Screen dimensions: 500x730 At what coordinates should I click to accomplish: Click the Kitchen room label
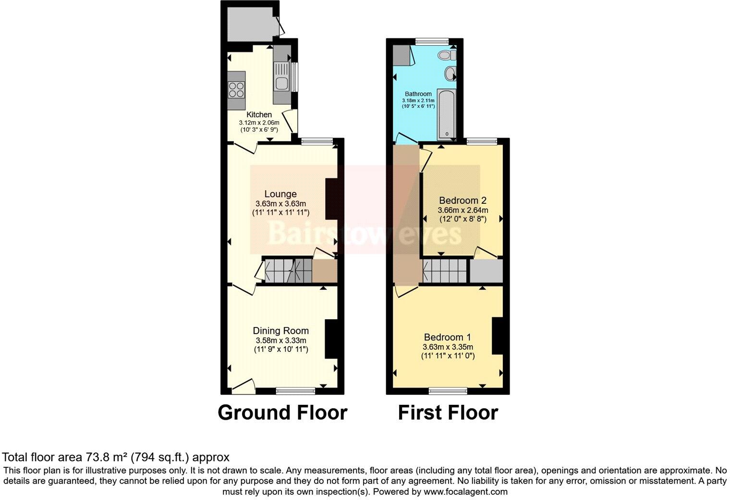point(259,115)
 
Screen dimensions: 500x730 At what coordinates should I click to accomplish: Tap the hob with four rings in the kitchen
point(236,89)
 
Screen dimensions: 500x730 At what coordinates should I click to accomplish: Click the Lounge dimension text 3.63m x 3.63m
point(280,203)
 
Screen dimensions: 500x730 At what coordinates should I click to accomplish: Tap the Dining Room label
point(280,331)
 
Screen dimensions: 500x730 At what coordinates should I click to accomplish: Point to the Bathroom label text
point(418,94)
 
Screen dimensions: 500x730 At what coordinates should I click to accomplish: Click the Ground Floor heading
point(282,412)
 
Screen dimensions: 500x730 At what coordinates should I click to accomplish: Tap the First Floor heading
point(448,412)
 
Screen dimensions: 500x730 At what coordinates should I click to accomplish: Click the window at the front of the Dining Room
point(295,390)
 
